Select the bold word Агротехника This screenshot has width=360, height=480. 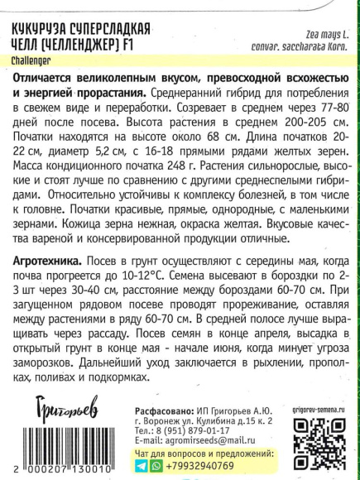pos(47,260)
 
